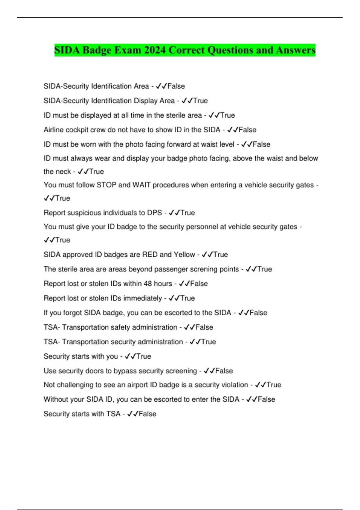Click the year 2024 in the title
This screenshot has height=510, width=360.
pyautogui.click(x=154, y=50)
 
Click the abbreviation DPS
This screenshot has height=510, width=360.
pyautogui.click(x=154, y=213)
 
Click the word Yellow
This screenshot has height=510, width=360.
pyautogui.click(x=184, y=255)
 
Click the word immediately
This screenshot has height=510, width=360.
pyautogui.click(x=142, y=298)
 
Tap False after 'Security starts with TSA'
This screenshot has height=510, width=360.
pyautogui.click(x=147, y=414)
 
